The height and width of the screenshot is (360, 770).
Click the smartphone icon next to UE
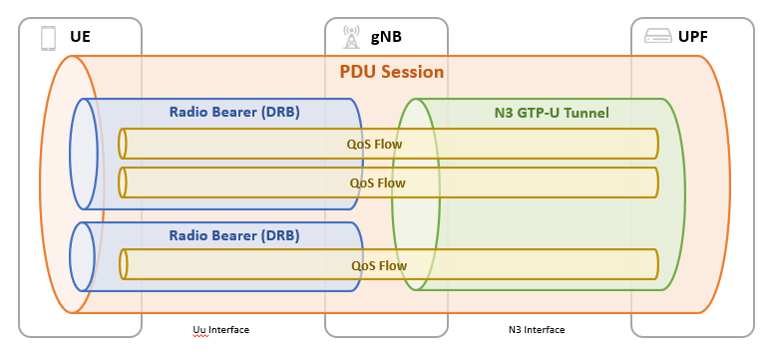click(x=47, y=38)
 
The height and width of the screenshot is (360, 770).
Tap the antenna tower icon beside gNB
click(x=350, y=38)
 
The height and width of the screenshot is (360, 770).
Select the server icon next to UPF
click(x=657, y=38)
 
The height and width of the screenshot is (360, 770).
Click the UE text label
click(x=80, y=39)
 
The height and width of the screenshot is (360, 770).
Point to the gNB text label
click(x=385, y=39)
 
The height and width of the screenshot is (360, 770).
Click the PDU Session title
click(x=391, y=73)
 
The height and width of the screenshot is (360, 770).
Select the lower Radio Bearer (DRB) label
click(x=234, y=236)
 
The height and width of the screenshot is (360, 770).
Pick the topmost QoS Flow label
click(x=375, y=144)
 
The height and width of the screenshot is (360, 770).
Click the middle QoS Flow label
click(x=378, y=182)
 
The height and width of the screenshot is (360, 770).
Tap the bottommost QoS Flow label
click(x=379, y=265)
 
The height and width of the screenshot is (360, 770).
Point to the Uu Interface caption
click(x=220, y=330)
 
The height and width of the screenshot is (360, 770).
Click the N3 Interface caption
click(x=537, y=330)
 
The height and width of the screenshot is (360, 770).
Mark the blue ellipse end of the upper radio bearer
click(x=85, y=154)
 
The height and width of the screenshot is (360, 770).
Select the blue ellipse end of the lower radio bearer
click(x=85, y=256)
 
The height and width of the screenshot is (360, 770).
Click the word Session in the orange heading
click(x=411, y=73)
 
